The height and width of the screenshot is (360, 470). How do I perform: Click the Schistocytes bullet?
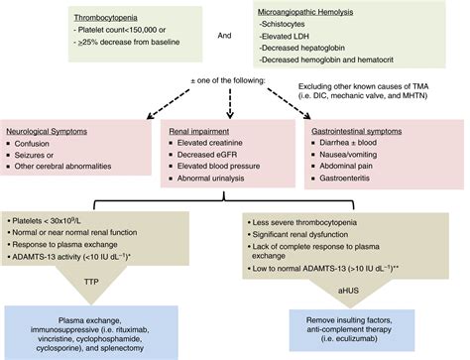(x=290, y=25)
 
